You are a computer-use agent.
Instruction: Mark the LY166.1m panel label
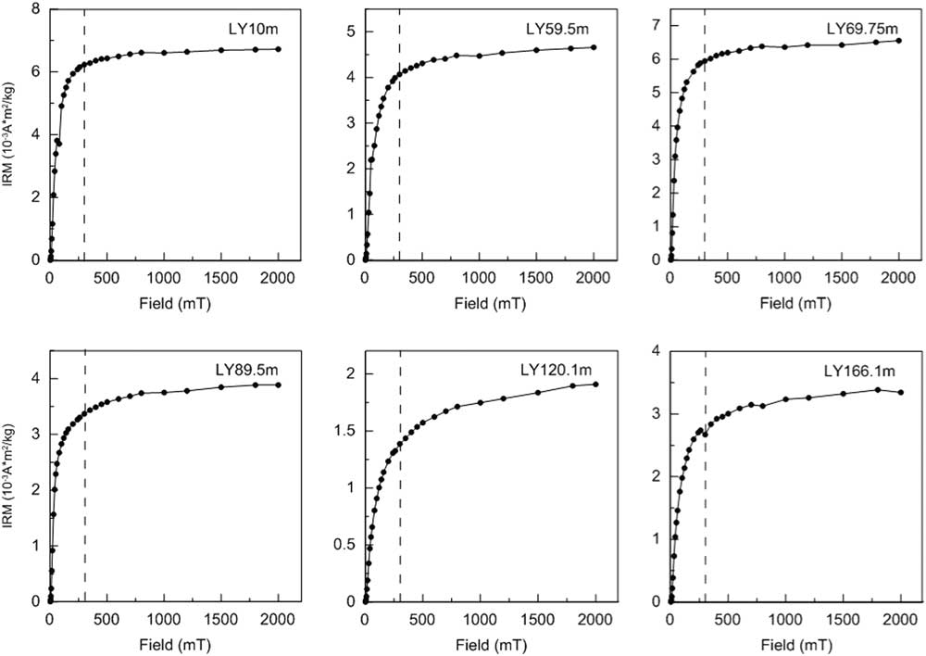coord(858,372)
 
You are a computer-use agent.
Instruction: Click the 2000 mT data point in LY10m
coord(279,49)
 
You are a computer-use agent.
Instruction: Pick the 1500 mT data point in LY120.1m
coord(537,393)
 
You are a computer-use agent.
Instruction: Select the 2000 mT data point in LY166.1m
coord(900,393)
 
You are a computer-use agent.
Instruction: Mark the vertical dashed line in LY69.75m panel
coord(704,139)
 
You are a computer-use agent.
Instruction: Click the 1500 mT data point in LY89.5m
coord(221,387)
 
